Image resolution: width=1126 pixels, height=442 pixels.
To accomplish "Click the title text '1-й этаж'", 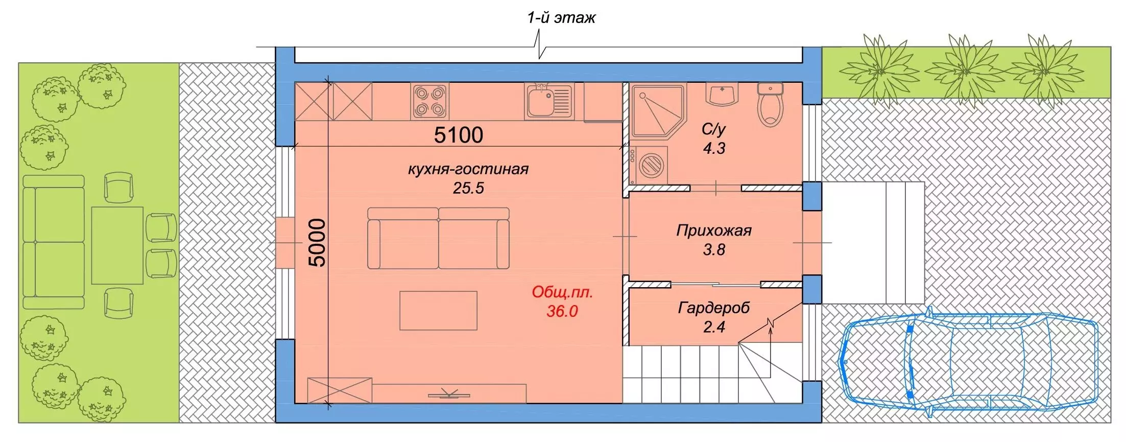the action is pos(561,18).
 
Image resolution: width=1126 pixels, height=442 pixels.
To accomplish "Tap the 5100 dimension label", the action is pos(459,135).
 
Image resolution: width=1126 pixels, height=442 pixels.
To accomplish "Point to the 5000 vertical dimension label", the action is pos(317,242).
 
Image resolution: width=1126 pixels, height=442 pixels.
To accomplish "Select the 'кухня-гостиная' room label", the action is pos(468,169).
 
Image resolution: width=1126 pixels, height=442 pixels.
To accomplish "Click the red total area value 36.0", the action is pos(562,311).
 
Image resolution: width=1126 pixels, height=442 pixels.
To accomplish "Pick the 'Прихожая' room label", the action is pos(714,230).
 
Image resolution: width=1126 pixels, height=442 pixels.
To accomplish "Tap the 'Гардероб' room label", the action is pos(714,308).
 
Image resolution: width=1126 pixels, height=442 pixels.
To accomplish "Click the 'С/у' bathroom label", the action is pos(713,129).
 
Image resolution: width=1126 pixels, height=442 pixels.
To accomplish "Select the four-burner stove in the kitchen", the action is pos(429,101).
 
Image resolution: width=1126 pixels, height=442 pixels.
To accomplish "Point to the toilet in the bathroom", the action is pos(770,105).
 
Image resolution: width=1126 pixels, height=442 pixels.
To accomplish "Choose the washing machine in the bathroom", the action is pos(649,165).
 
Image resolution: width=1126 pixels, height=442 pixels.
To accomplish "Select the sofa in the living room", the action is pos(438,238).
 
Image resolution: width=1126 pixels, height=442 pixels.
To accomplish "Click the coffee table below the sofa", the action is pos(438,311).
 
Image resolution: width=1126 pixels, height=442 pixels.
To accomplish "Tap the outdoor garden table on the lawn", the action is pos(117,245).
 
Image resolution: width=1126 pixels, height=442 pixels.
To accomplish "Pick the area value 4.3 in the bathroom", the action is pos(714,148).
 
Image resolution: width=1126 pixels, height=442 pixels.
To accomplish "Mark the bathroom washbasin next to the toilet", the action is pos(722,95).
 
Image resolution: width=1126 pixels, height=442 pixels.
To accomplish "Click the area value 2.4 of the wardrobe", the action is pos(714,327).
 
